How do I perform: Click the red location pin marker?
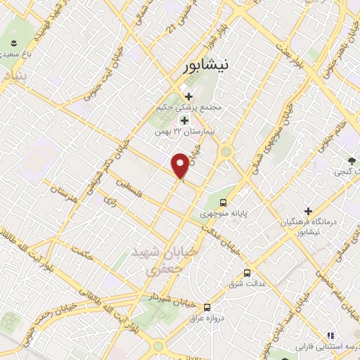pyautogui.click(x=181, y=165)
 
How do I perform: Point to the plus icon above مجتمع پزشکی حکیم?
pyautogui.click(x=188, y=96)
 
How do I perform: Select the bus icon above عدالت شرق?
pyautogui.click(x=247, y=273)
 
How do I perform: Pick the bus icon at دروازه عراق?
pyautogui.click(x=207, y=307)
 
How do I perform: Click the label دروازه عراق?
pyautogui.click(x=207, y=319)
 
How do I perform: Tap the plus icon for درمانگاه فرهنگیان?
pyautogui.click(x=308, y=210)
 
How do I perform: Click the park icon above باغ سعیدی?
pyautogui.click(x=14, y=44)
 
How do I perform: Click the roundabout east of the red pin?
pyautogui.click(x=226, y=151)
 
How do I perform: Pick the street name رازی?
pyautogui.click(x=109, y=202)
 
